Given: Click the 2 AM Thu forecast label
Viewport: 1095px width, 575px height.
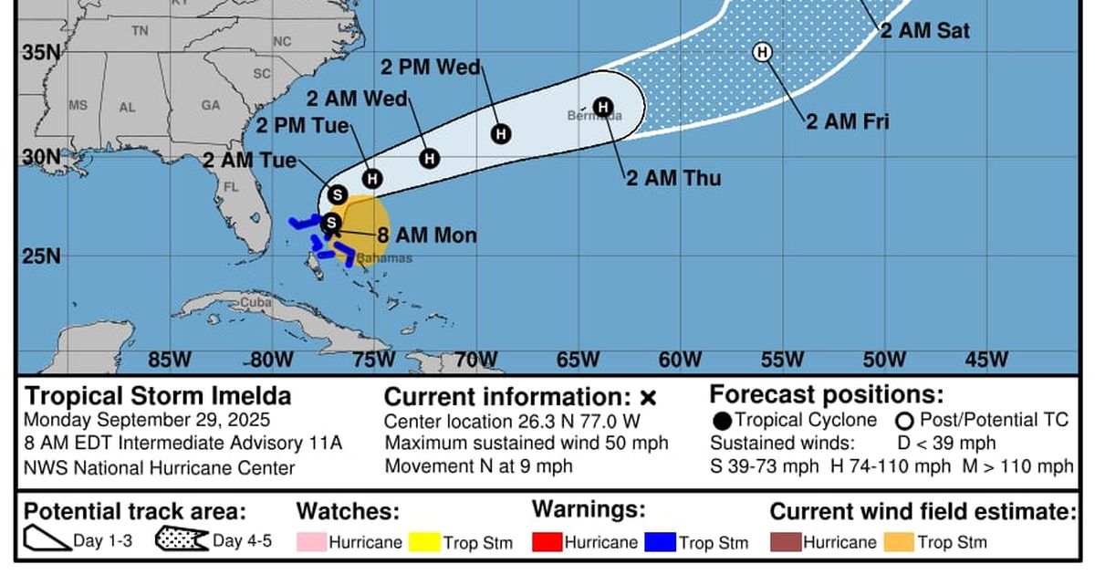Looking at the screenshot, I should pyautogui.click(x=673, y=178).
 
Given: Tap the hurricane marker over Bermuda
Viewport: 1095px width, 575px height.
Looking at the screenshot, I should pyautogui.click(x=602, y=107).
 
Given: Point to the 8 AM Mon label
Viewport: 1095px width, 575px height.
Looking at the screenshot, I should pyautogui.click(x=426, y=235).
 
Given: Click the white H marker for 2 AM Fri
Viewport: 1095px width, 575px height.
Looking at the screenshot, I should pyautogui.click(x=762, y=52).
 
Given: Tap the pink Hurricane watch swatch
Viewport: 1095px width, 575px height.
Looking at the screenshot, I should pyautogui.click(x=310, y=542).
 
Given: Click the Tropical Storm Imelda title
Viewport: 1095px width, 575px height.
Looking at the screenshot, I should pyautogui.click(x=158, y=396).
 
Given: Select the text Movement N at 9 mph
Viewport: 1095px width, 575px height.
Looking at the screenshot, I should pyautogui.click(x=478, y=466).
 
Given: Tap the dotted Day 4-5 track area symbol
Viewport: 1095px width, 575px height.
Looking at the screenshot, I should pyautogui.click(x=181, y=540).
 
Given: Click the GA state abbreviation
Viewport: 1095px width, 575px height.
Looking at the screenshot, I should pyautogui.click(x=211, y=105).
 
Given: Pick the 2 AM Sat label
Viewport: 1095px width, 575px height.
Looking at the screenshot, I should pyautogui.click(x=923, y=31).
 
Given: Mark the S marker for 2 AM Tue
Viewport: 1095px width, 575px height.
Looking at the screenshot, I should pyautogui.click(x=338, y=194).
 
